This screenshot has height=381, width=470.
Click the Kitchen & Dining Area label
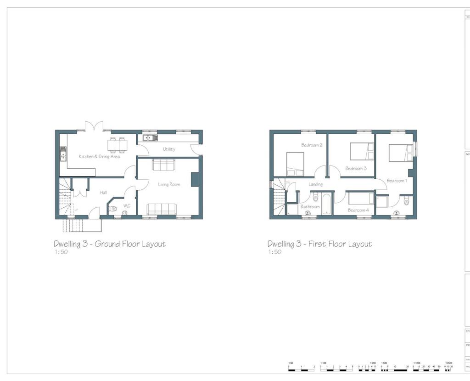[99, 157]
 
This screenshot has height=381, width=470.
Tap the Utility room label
[169, 149]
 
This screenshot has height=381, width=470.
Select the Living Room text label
[169, 185]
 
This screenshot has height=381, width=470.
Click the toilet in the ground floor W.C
[113, 209]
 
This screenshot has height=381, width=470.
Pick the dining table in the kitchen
[117, 144]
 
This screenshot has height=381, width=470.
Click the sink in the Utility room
[150, 137]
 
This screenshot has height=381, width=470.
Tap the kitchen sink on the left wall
[63, 154]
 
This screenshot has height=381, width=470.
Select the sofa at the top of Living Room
[163, 165]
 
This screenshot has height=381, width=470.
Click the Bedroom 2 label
[312, 145]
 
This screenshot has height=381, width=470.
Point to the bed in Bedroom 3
[362, 151]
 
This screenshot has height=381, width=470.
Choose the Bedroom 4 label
[358, 210]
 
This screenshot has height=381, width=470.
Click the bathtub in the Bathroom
[326, 204]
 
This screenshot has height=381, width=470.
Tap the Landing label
[315, 184]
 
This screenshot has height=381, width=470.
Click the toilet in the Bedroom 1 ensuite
[406, 201]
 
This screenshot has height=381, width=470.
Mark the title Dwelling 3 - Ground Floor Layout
[109, 244]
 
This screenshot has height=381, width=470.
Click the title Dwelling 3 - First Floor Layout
[319, 244]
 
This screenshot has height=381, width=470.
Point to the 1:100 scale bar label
[323, 363]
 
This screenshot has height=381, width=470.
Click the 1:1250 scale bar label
[417, 363]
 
